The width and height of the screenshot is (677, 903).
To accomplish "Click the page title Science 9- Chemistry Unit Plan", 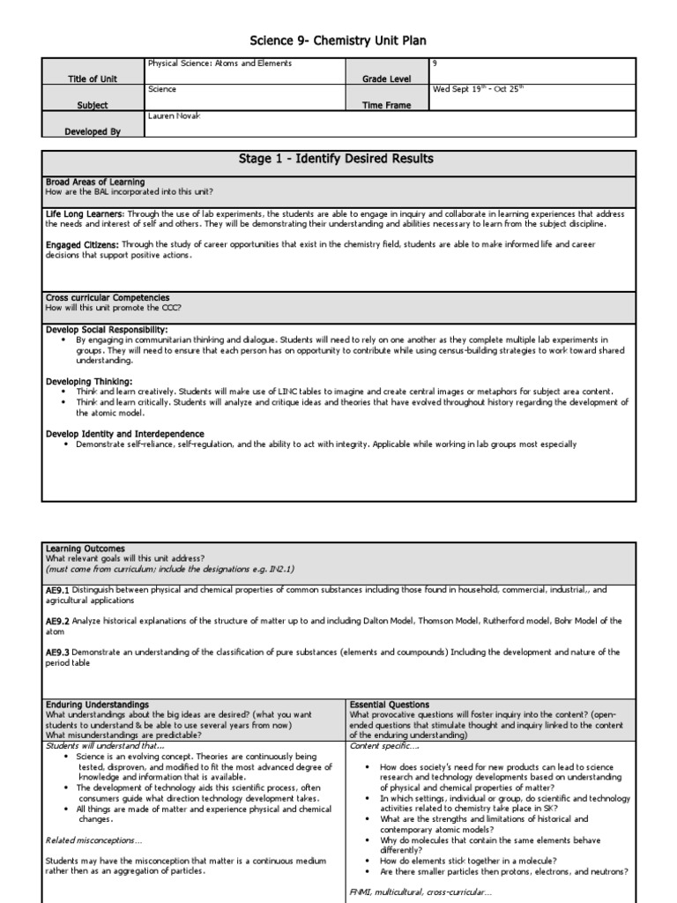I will pos(338,41).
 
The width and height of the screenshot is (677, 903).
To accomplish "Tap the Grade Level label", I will pos(388,78).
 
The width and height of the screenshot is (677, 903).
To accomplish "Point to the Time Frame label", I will pos(387,105).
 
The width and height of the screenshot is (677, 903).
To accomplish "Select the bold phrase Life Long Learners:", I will pos(85,214).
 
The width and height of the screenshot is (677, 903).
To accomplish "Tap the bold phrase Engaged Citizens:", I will pos(83,244).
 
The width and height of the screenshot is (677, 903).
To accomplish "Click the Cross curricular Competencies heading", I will pos(108,298).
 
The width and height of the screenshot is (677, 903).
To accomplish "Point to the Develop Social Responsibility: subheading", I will pos(106,329).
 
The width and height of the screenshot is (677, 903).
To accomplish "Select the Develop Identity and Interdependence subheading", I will pos(124,434).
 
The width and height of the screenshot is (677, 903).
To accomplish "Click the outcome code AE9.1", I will pos(57,589).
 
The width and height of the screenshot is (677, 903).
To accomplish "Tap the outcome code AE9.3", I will pos(57,652).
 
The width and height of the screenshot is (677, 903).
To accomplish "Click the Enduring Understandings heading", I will pos(97,705).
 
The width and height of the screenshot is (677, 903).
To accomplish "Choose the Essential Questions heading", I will pos(390,705).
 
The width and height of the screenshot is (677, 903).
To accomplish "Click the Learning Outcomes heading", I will pos(85,549).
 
